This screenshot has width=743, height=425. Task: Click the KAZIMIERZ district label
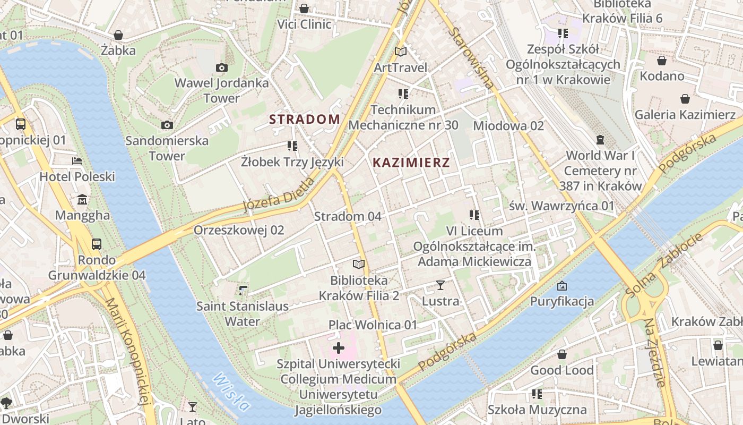click(411, 163)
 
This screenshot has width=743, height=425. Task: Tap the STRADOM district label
click(305, 119)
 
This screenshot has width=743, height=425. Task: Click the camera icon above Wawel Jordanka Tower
click(221, 67)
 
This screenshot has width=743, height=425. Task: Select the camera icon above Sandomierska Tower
click(167, 125)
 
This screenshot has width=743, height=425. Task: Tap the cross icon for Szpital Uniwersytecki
click(338, 348)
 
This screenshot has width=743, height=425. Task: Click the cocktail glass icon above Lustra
click(440, 285)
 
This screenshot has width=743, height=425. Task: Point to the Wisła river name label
click(231, 392)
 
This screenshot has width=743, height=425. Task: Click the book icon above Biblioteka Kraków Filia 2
click(359, 264)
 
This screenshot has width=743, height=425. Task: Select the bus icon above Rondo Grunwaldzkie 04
click(97, 244)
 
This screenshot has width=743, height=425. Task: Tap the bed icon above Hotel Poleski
click(77, 161)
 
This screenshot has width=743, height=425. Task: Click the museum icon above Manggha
click(82, 200)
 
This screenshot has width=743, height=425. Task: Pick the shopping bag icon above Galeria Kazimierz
click(685, 99)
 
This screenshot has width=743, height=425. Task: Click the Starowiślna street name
click(471, 57)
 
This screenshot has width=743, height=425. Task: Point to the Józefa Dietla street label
click(279, 195)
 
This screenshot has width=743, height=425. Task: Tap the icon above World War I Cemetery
click(600, 140)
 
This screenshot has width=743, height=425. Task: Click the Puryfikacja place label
click(562, 302)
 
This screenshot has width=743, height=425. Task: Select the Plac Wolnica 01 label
click(373, 325)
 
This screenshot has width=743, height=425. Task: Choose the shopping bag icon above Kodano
click(662, 61)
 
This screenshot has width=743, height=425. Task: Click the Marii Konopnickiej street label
click(126, 351)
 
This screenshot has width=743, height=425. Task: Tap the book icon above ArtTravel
click(401, 52)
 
